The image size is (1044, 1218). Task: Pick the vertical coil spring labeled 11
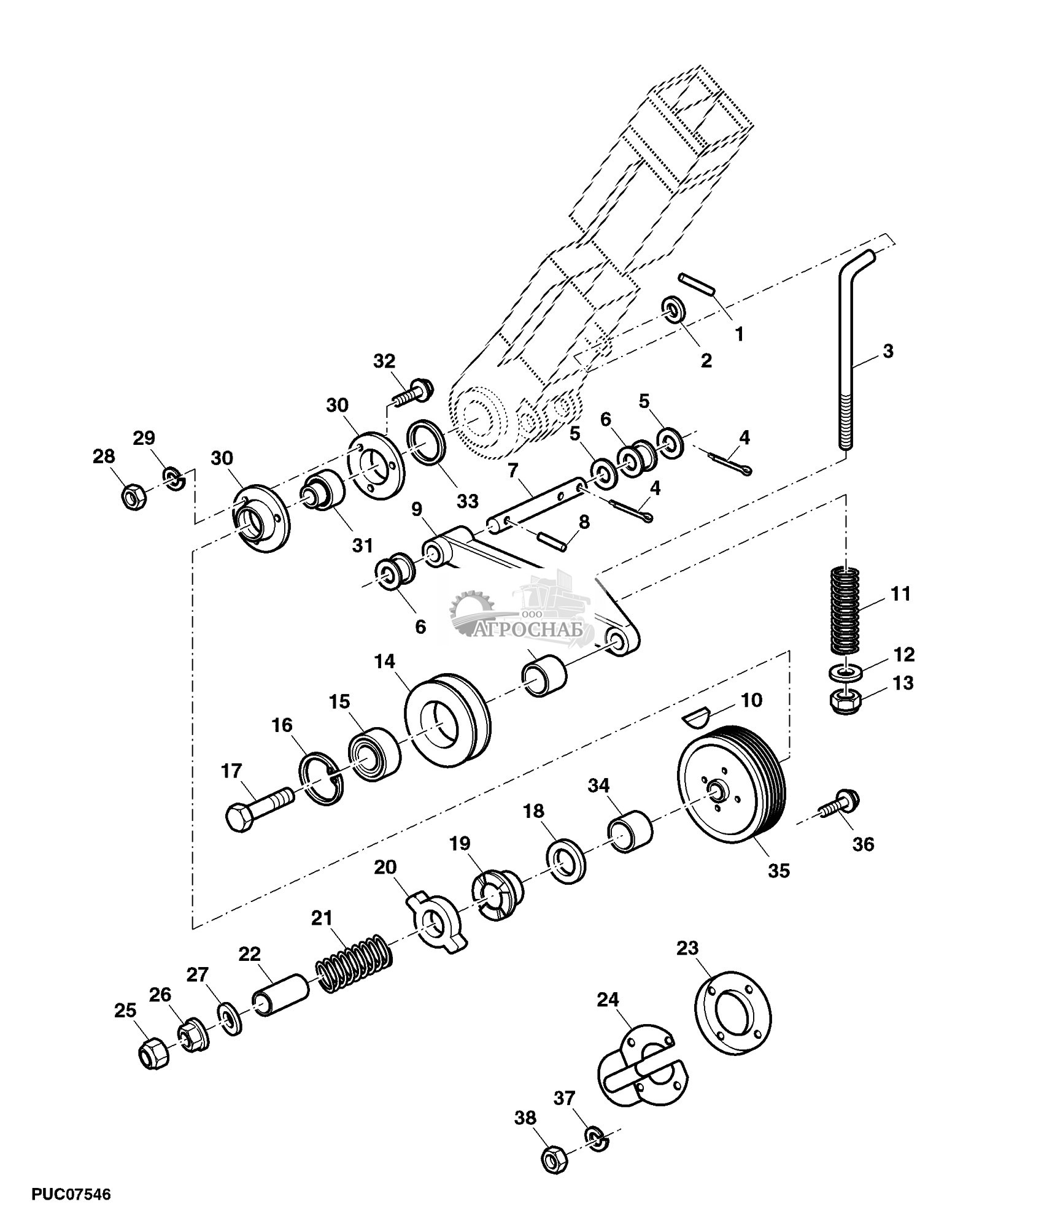[846, 611]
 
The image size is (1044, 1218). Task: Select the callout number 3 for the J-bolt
[887, 352]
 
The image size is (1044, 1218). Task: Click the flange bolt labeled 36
[841, 802]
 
